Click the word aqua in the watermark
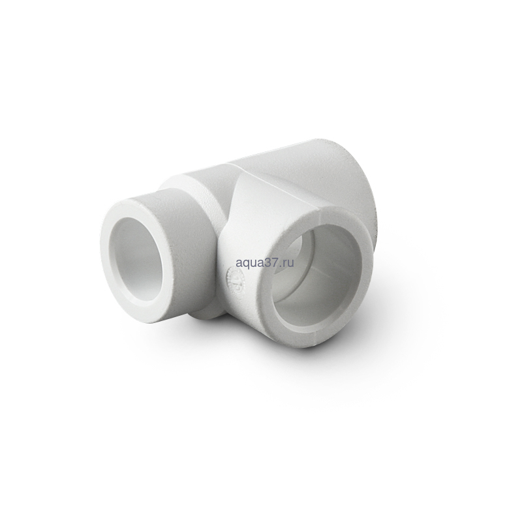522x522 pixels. pyautogui.click(x=249, y=254)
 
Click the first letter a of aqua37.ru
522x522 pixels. pyautogui.click(x=239, y=254)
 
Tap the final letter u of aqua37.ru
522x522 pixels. pyautogui.click(x=290, y=254)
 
